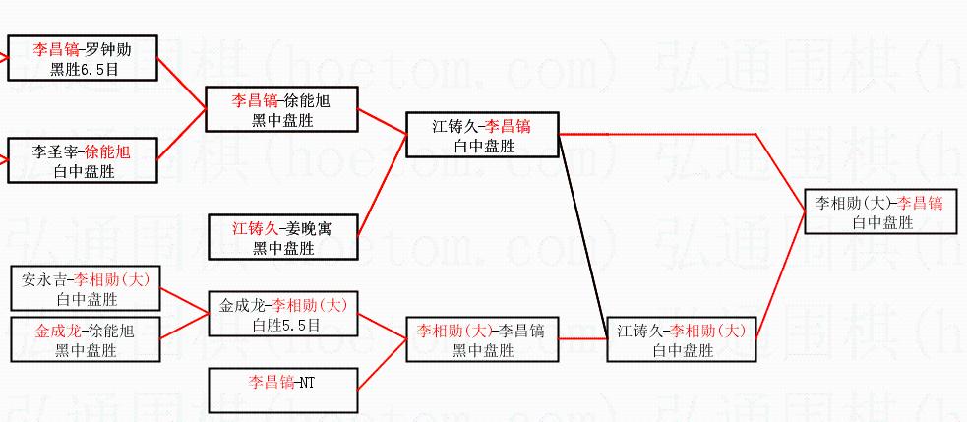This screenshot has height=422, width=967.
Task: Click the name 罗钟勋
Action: click(x=110, y=49)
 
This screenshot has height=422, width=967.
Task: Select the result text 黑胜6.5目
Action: click(x=83, y=68)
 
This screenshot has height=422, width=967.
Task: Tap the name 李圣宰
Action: click(x=55, y=153)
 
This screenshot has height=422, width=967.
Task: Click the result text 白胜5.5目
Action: click(x=283, y=324)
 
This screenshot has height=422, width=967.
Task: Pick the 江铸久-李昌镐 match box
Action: click(x=483, y=135)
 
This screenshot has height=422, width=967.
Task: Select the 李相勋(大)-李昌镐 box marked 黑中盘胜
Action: click(x=483, y=339)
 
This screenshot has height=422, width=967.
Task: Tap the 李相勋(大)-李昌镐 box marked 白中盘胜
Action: click(x=880, y=211)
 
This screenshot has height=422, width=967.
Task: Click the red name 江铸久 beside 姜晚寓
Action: click(x=253, y=228)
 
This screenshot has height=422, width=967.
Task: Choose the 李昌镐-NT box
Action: click(x=283, y=390)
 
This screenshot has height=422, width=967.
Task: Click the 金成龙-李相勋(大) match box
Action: click(x=283, y=314)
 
